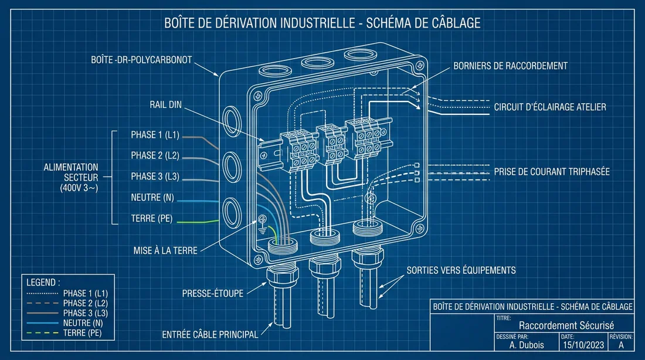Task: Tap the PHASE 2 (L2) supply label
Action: coord(155,156)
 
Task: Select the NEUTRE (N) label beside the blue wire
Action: coord(152,198)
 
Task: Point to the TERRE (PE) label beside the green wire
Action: coord(151,219)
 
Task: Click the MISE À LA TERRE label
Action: coord(165,250)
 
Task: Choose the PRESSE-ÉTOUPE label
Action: coord(212,293)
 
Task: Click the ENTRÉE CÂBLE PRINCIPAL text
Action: coord(210,335)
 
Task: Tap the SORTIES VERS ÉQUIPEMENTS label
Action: coord(461,270)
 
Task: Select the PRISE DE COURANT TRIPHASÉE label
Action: coord(551,172)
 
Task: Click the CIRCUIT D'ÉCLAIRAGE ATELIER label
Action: coord(549,107)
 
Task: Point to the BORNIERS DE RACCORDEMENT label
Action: coord(510,66)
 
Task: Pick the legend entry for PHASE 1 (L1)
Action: coord(86,293)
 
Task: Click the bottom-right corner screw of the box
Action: coord(417,228)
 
